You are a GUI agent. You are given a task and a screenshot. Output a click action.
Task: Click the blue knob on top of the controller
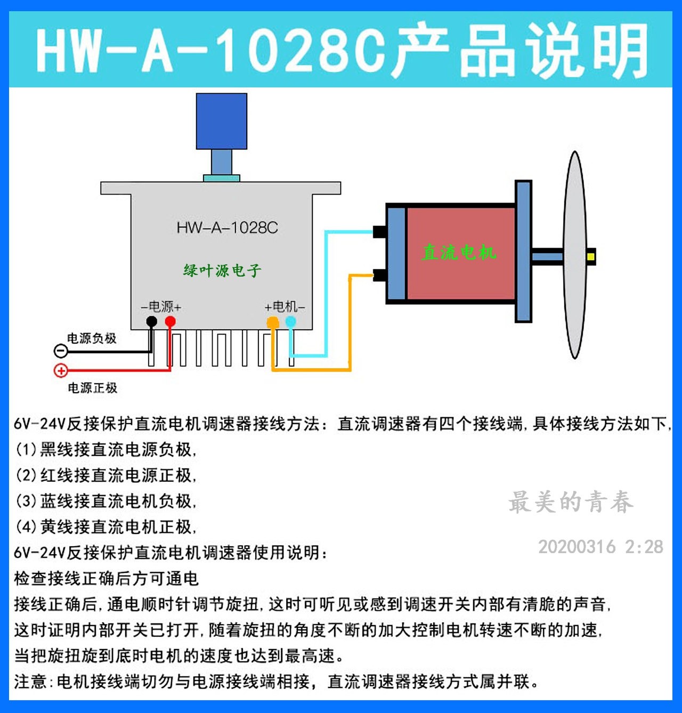(221, 121)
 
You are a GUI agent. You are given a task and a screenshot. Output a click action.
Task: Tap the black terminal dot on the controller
(152, 321)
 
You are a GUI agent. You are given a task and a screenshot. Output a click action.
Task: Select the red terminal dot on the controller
(170, 321)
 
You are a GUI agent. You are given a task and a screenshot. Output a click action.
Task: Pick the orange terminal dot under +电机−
(272, 322)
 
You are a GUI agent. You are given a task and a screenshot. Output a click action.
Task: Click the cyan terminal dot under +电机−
(290, 321)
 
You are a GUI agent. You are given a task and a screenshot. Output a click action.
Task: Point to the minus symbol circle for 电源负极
(61, 351)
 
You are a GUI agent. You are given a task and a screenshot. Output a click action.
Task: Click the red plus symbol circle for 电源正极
(61, 370)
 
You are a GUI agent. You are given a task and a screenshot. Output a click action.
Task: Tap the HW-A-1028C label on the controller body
(228, 228)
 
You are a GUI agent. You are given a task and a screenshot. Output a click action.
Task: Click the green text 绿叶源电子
(222, 271)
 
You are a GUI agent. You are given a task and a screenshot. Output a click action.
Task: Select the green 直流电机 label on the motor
(459, 252)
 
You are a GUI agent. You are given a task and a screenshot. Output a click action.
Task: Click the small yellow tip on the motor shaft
(590, 257)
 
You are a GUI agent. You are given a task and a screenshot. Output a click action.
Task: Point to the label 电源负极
(92, 338)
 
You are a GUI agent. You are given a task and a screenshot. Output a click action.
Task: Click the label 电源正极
(92, 388)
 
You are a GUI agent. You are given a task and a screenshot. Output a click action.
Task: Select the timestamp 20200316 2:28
(600, 547)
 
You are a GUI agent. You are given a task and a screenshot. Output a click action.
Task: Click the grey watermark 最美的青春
(571, 502)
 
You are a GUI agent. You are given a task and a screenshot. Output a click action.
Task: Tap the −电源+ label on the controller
(161, 307)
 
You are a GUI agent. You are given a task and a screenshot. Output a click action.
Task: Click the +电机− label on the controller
(285, 307)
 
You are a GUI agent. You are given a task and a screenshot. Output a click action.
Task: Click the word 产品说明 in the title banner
(521, 51)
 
